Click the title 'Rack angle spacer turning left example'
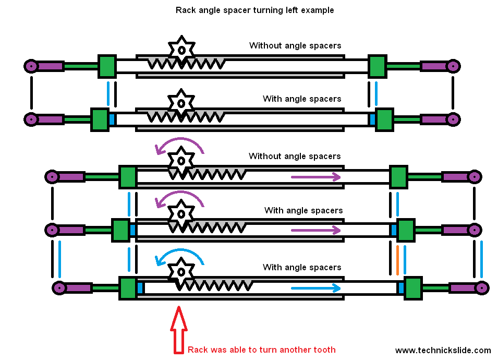[254, 10]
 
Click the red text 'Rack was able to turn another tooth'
[261, 350]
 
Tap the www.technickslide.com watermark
[443, 350]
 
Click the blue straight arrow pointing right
[315, 288]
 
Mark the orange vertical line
[397, 260]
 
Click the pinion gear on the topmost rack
[181, 50]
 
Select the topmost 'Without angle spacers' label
[295, 45]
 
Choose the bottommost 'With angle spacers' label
[302, 267]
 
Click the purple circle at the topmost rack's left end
[31, 66]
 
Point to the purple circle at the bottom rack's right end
[481, 287]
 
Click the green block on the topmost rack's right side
[376, 66]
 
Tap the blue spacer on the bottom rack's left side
[140, 287]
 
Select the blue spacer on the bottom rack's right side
[401, 287]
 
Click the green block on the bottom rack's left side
[127, 288]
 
